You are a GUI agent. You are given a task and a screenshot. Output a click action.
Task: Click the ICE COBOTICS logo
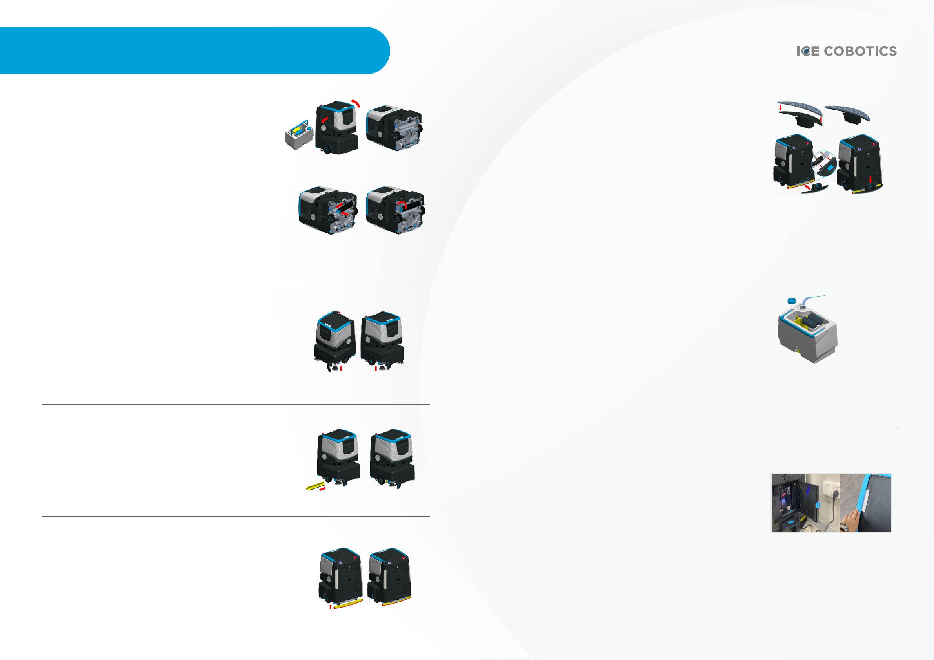(x=846, y=51)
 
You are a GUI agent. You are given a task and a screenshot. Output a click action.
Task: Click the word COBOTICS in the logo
(x=860, y=51)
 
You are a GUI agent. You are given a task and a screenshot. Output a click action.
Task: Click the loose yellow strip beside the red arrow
(x=315, y=486)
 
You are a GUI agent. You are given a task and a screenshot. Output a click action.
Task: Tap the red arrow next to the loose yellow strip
(x=323, y=489)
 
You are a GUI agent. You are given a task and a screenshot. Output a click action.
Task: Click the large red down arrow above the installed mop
(x=870, y=179)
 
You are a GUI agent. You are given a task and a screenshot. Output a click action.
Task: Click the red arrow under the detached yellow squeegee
(x=330, y=607)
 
